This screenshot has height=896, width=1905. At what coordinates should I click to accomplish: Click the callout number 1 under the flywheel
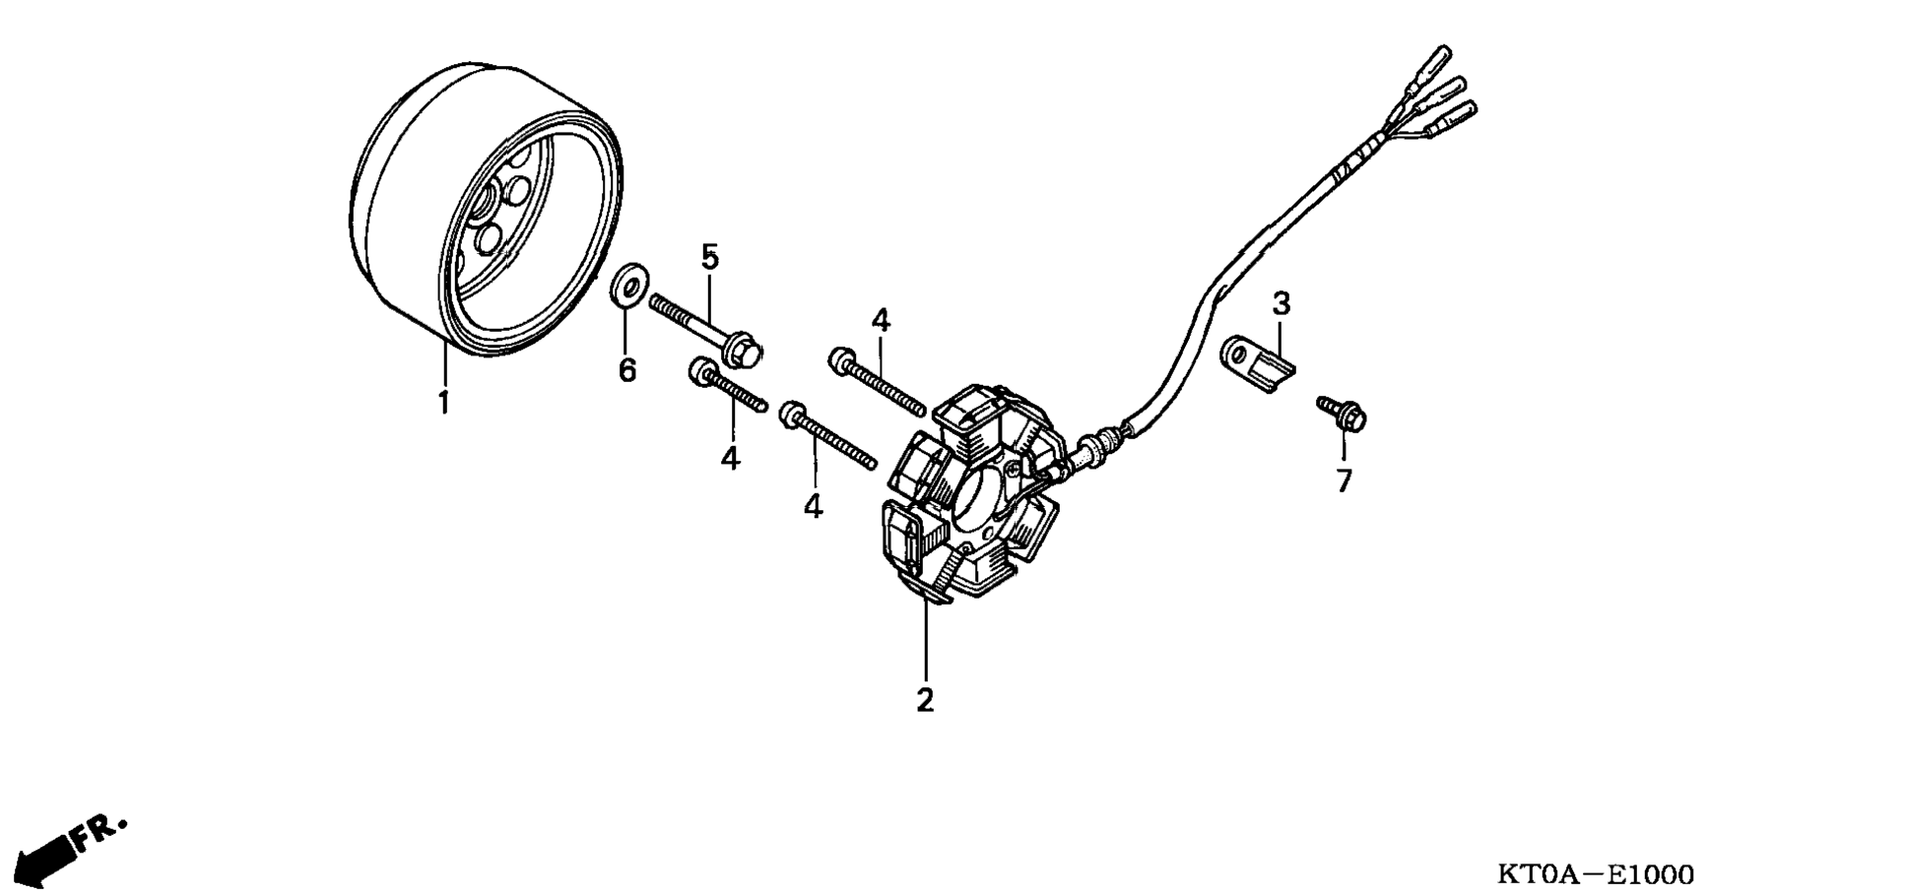tap(443, 402)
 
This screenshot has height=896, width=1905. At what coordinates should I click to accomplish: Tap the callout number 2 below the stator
tap(924, 700)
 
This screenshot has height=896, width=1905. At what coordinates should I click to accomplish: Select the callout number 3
tap(1281, 303)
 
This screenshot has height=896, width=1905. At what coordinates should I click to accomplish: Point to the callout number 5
tap(710, 257)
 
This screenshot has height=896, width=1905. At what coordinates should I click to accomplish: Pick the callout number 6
tap(627, 370)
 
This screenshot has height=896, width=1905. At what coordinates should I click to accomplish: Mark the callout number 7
tap(1344, 480)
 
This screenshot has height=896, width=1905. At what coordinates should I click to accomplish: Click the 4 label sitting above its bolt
tap(880, 320)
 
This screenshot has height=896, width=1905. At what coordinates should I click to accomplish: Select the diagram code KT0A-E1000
tap(1596, 873)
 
